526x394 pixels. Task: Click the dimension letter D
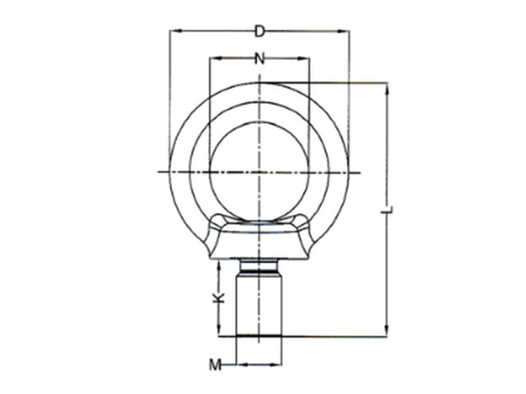click(259, 31)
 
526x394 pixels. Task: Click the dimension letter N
click(259, 58)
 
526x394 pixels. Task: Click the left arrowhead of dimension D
click(174, 31)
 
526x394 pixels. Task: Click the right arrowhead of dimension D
click(345, 31)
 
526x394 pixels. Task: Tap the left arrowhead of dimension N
click(213, 58)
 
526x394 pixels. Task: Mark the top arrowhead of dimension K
click(219, 264)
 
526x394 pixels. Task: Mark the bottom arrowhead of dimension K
click(219, 332)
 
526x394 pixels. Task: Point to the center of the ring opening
click(259, 171)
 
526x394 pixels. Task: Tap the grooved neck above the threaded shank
click(259, 267)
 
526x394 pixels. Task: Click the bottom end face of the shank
click(259, 336)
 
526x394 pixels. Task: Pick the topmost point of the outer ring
click(259, 82)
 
